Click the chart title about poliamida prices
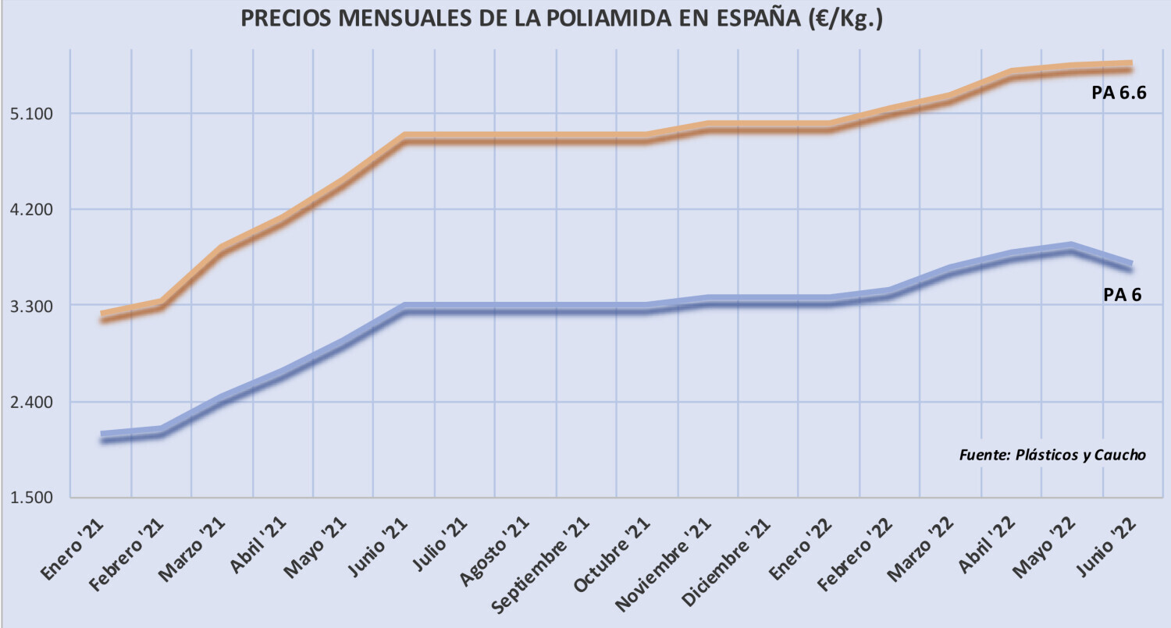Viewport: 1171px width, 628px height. point(561,19)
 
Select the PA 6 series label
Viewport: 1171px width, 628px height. point(1123,295)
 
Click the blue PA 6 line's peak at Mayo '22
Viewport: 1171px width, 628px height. point(1072,247)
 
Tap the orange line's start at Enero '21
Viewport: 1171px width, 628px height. point(102,317)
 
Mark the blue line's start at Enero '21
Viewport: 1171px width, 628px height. point(102,437)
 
